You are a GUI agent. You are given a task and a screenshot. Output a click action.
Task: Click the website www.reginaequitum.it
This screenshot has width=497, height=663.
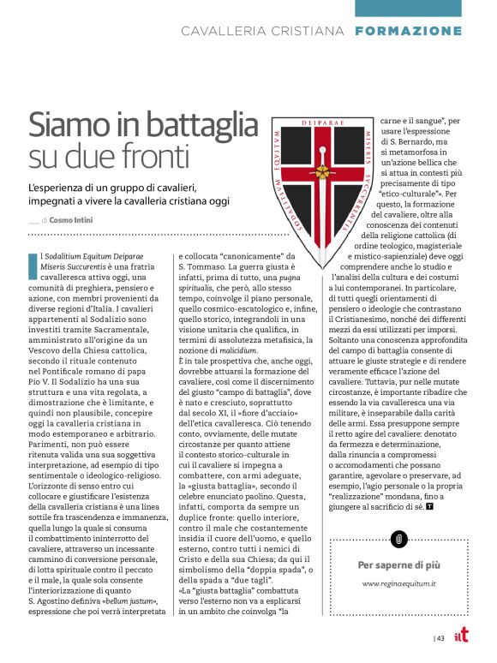pyautogui.click(x=400, y=583)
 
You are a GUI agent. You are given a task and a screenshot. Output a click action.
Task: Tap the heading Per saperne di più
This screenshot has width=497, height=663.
pyautogui.click(x=400, y=564)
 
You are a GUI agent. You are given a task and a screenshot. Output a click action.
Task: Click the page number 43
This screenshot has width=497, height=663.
pyautogui.click(x=440, y=637)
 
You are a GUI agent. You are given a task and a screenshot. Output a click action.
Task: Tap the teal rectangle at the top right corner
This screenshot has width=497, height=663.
pyautogui.click(x=425, y=8)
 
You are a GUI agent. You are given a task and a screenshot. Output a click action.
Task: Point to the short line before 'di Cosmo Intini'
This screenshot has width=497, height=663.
pyautogui.click(x=33, y=221)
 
